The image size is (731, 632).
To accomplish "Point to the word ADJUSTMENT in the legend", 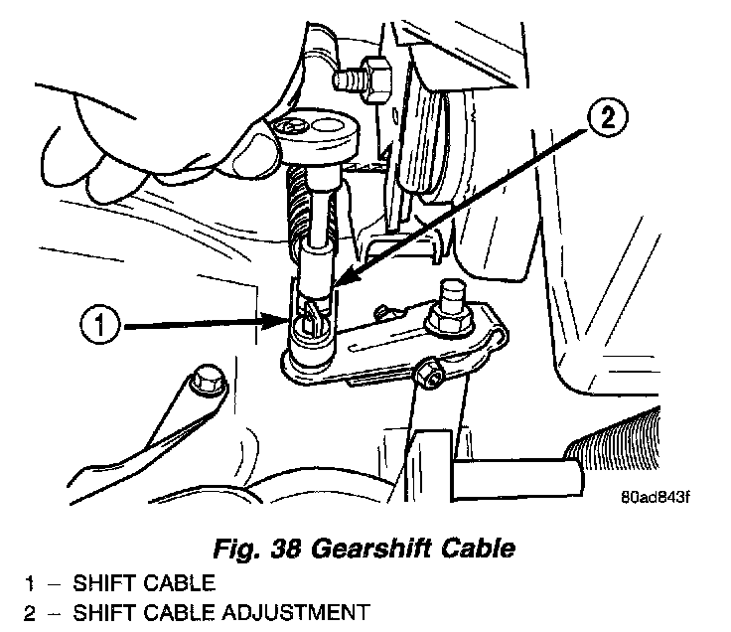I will tap(289, 613).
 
